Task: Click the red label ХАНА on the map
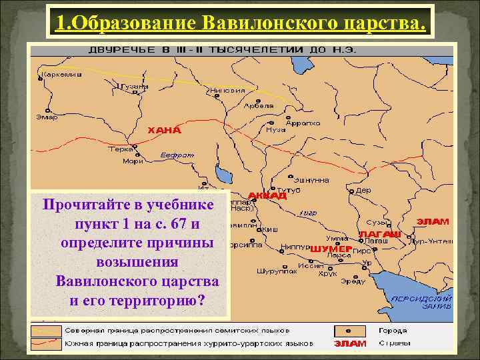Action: (164, 131)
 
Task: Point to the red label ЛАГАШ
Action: (380, 234)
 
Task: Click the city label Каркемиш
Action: (61, 75)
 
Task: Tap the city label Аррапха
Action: (303, 123)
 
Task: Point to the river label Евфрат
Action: (177, 155)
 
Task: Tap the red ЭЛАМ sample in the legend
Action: (350, 343)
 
